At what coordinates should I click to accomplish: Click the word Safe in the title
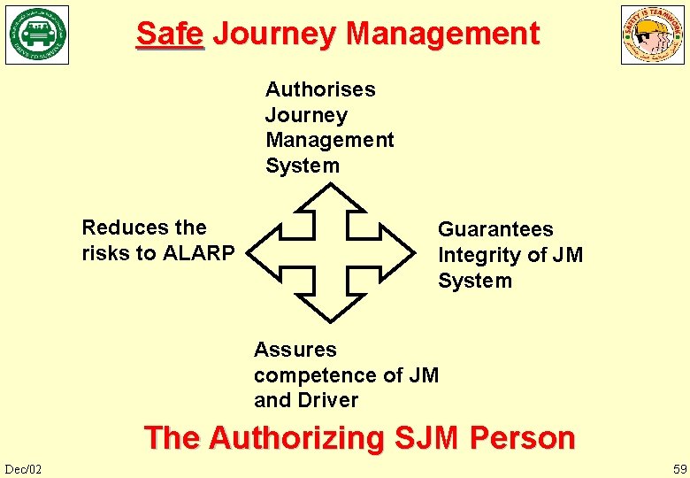pos(170,35)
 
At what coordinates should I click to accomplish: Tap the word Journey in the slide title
pos(274,35)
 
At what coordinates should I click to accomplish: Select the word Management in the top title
pos(442,35)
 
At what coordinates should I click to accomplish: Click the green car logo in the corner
pos(37,35)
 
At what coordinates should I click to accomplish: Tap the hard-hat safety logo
pos(652,35)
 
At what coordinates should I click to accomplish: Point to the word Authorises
pos(320,89)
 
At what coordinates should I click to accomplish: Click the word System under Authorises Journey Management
pos(303,166)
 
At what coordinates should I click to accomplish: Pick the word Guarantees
pos(495,229)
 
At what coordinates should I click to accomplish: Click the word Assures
pos(295,350)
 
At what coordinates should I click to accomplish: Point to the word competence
pos(328,375)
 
